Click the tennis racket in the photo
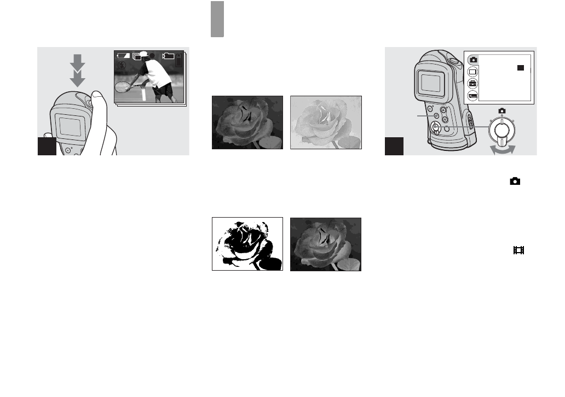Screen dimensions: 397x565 (x=125, y=86)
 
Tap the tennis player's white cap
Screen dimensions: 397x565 (x=144, y=55)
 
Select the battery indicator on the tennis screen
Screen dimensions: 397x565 (x=124, y=55)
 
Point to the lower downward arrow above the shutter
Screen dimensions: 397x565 (x=78, y=79)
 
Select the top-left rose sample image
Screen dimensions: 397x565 (x=247, y=122)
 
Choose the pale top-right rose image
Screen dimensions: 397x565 (x=325, y=122)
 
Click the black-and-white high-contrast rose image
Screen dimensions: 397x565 (x=247, y=244)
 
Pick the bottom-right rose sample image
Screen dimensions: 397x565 (x=325, y=244)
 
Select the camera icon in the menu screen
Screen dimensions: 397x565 (x=473, y=59)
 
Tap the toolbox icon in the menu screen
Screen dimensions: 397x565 (x=473, y=83)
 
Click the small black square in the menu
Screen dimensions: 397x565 (x=521, y=68)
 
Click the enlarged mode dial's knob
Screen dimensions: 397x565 (x=501, y=129)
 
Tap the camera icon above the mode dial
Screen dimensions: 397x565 (x=501, y=110)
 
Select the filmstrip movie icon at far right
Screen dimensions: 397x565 (x=518, y=250)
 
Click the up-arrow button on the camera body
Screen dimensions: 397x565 (x=444, y=110)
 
